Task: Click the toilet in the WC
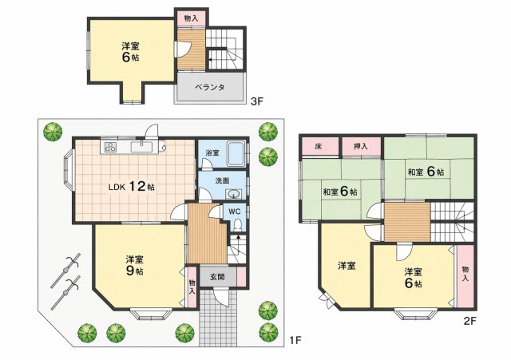(x=238, y=224)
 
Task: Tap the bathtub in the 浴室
(x=236, y=153)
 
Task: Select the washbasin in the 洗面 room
(x=233, y=194)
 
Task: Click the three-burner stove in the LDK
(x=110, y=147)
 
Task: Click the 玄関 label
(x=217, y=277)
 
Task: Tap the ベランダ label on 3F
(x=210, y=87)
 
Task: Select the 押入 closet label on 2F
(x=361, y=147)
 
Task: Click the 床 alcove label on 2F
(x=319, y=147)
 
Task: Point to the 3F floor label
(x=256, y=101)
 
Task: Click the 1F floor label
(x=295, y=341)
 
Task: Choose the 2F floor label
(x=470, y=321)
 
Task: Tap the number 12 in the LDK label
(x=137, y=186)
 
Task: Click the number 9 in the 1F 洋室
(x=129, y=271)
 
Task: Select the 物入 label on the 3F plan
(x=191, y=18)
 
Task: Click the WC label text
(x=234, y=212)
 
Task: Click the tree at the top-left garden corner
(x=53, y=132)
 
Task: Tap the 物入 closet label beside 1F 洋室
(x=192, y=287)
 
